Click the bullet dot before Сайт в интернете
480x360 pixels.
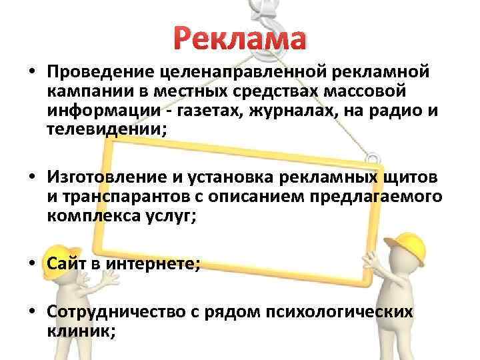click(31, 265)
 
